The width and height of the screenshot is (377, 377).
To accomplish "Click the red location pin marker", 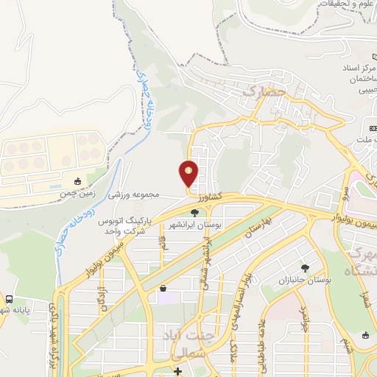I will click(x=188, y=174).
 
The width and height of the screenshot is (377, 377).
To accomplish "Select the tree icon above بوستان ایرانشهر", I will click(x=194, y=212).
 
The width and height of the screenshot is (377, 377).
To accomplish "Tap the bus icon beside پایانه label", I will click(x=10, y=299).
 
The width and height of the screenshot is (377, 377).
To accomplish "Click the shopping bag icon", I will click(x=162, y=288).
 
